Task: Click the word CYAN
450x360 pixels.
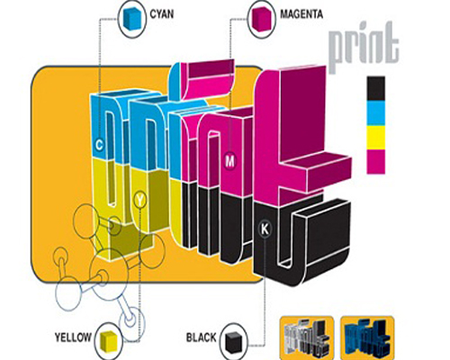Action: [162, 14]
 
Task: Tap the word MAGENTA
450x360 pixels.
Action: [301, 14]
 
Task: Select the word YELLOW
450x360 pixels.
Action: [73, 337]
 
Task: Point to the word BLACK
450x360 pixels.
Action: [201, 337]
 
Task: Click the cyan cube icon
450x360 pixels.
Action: [131, 19]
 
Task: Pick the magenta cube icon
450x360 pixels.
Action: [261, 19]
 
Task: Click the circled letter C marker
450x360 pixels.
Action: [99, 145]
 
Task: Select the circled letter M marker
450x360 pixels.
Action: [229, 161]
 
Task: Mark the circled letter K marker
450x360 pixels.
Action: [265, 229]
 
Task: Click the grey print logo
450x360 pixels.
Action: [364, 48]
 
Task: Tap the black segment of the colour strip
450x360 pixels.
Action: [375, 88]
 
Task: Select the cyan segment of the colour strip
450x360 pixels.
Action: [375, 113]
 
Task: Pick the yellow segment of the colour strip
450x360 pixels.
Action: [375, 138]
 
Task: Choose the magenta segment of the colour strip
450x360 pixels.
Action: [375, 162]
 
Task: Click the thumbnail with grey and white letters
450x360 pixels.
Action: [307, 337]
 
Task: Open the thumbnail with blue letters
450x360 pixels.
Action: [368, 337]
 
